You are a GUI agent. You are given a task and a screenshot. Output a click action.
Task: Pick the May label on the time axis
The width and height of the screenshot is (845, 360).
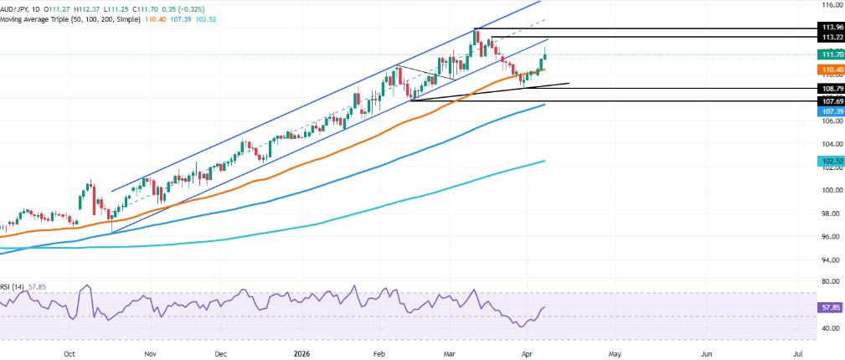tap(615, 354)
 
